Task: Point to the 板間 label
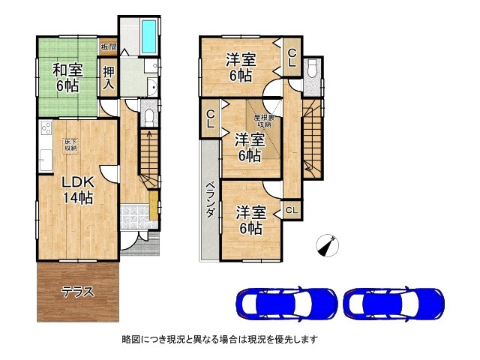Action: pos(108,46)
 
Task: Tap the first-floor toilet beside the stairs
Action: pos(148,117)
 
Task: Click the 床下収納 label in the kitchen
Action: pos(70,144)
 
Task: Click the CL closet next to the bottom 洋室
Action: pos(291,211)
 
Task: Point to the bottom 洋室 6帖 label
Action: pos(249,220)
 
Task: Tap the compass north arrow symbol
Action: pos(327,244)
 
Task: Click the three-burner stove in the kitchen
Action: pos(44,129)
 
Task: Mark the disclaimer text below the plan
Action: pos(220,340)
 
